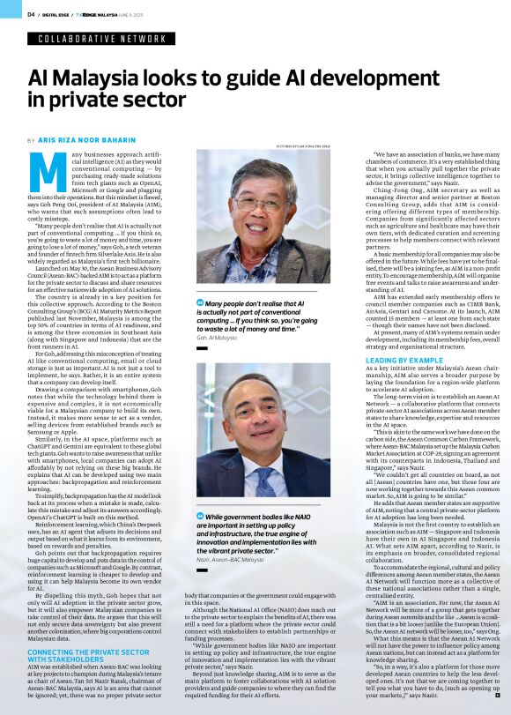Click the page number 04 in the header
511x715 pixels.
tap(30, 14)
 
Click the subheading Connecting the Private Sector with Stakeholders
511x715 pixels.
tap(87, 655)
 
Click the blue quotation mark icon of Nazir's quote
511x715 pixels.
tap(199, 515)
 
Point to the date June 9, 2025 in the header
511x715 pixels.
tap(140, 14)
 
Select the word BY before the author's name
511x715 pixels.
tap(32, 141)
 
